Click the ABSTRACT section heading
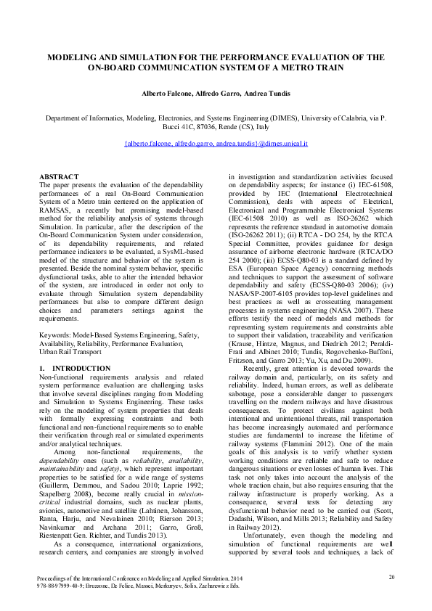pos(59,177)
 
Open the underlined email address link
pos(216,144)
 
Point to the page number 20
pos(392,577)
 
